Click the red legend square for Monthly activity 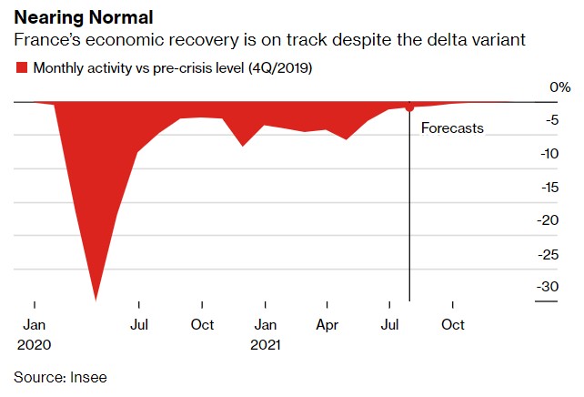(x=21, y=67)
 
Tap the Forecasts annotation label (x=452, y=128)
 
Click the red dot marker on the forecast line (x=409, y=107)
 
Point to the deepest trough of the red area (x=96, y=300)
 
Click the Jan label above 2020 (x=34, y=325)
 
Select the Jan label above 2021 (x=265, y=325)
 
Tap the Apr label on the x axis (x=327, y=325)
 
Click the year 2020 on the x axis (x=34, y=345)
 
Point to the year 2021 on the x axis (x=266, y=345)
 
